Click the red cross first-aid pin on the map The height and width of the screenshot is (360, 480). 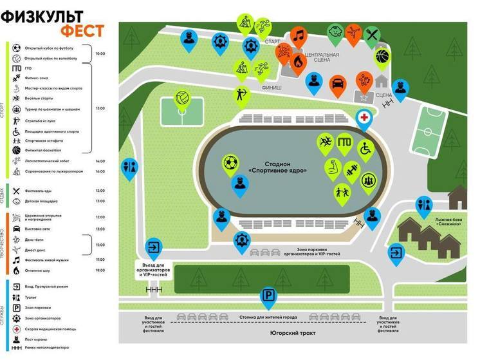click(364, 118)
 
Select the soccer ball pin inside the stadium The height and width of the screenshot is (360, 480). click(230, 164)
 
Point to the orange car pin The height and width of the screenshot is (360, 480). click(337, 83)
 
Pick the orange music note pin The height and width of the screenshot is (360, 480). click(298, 36)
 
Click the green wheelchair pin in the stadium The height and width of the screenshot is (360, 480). click(366, 149)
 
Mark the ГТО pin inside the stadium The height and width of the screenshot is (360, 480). click(346, 142)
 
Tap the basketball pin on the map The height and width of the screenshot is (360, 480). click(382, 56)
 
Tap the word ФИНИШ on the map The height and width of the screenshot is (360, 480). click(271, 86)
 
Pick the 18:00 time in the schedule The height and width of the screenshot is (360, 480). click(100, 270)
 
